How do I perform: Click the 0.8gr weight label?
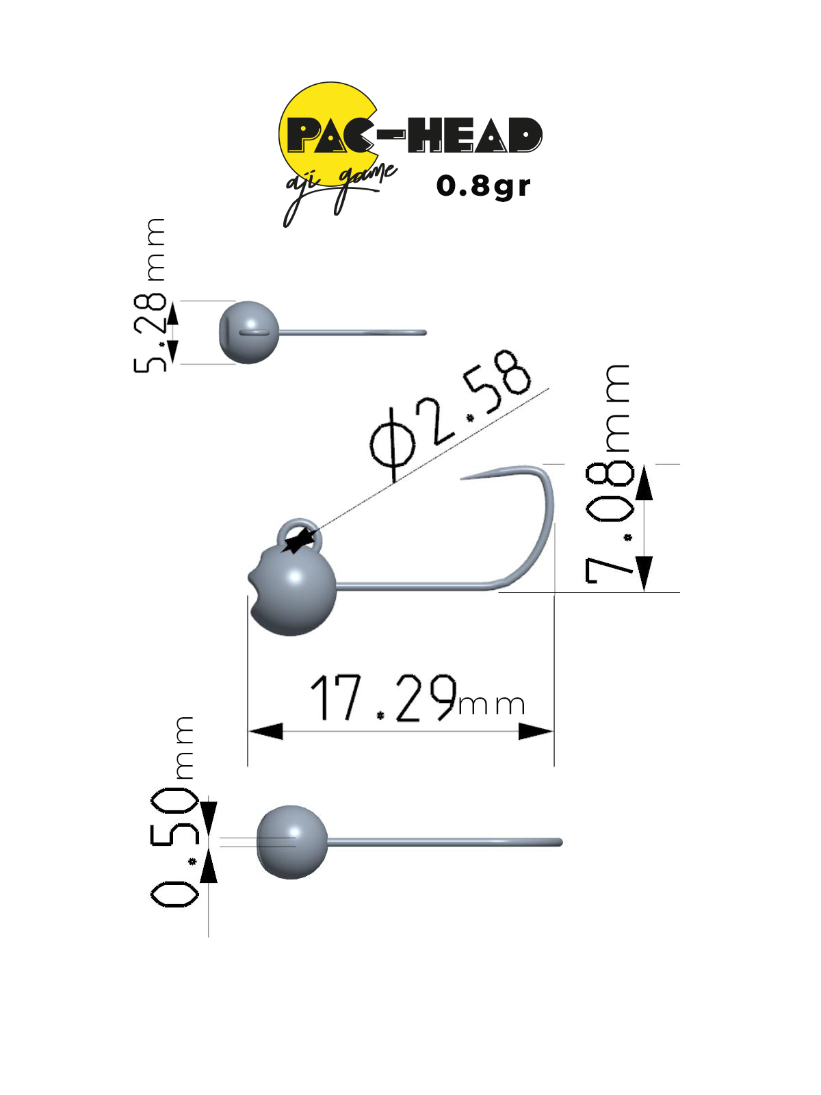(x=482, y=187)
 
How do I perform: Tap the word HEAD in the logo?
(x=475, y=135)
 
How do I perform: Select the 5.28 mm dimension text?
(x=149, y=296)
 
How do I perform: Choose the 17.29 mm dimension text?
(x=418, y=698)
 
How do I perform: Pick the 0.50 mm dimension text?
(x=174, y=812)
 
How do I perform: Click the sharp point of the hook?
(x=461, y=479)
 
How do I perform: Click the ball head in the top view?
(x=249, y=332)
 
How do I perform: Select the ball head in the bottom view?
(x=292, y=842)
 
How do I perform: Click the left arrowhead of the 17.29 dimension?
(x=265, y=732)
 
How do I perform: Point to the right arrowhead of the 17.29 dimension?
(x=536, y=732)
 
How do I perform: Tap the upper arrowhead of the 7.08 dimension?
(x=644, y=482)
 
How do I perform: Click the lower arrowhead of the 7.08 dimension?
(x=644, y=574)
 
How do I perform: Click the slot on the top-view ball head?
(x=254, y=332)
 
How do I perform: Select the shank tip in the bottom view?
(x=560, y=842)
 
